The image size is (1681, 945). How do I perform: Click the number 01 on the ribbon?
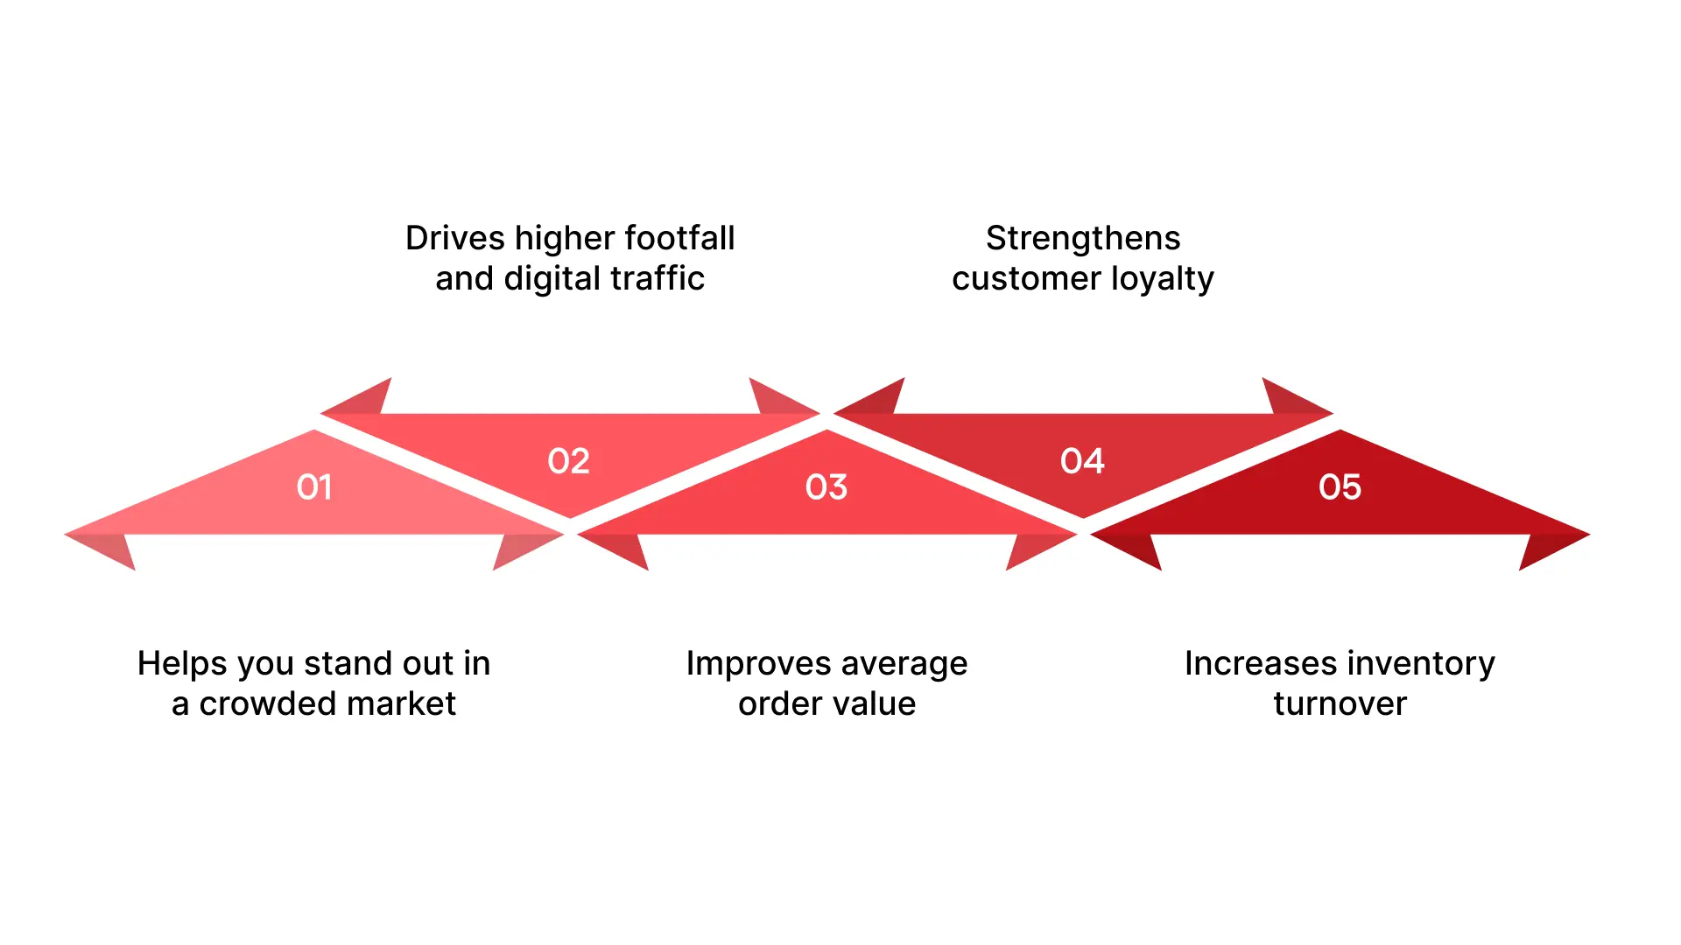pyautogui.click(x=314, y=487)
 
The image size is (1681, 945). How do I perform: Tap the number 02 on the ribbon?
pyautogui.click(x=568, y=461)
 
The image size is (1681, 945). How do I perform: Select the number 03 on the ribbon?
pyautogui.click(x=826, y=487)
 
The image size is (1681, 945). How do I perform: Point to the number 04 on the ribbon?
pyautogui.click(x=1082, y=461)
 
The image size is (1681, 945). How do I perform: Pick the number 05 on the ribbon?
pyautogui.click(x=1340, y=487)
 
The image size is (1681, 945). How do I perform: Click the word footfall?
pyautogui.click(x=679, y=238)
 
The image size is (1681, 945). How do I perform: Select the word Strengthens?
pyautogui.click(x=1083, y=238)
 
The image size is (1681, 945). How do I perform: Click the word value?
pyautogui.click(x=872, y=703)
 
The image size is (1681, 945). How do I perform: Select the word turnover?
pyautogui.click(x=1340, y=703)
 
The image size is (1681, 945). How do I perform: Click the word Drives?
pyautogui.click(x=454, y=238)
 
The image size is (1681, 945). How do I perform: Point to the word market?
pyautogui.click(x=408, y=703)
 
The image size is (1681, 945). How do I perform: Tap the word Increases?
pyautogui.click(x=1255, y=663)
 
